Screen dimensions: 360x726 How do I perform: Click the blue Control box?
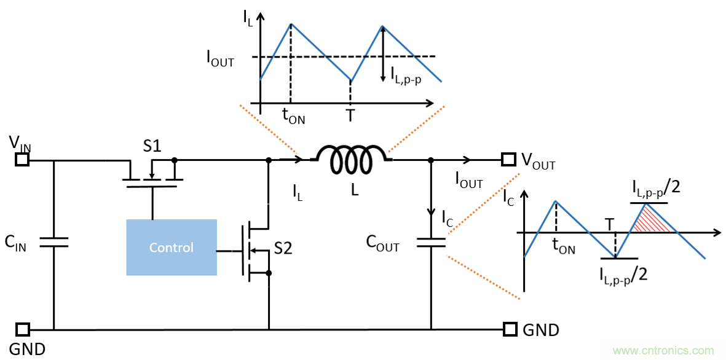pos(172,247)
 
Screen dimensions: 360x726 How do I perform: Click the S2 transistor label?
pos(283,249)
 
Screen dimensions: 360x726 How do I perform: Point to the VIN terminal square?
pos(22,160)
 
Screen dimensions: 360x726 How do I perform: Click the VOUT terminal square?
pos(508,160)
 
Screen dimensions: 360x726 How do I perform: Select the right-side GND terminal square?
pos(509,329)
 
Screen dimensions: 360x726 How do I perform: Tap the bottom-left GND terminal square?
pos(22,329)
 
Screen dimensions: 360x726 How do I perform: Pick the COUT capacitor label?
pos(382,244)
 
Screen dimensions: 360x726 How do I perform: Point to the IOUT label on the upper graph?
pos(220,58)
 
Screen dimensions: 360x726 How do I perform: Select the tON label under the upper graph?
pos(293,115)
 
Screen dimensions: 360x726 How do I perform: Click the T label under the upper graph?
pos(350,115)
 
